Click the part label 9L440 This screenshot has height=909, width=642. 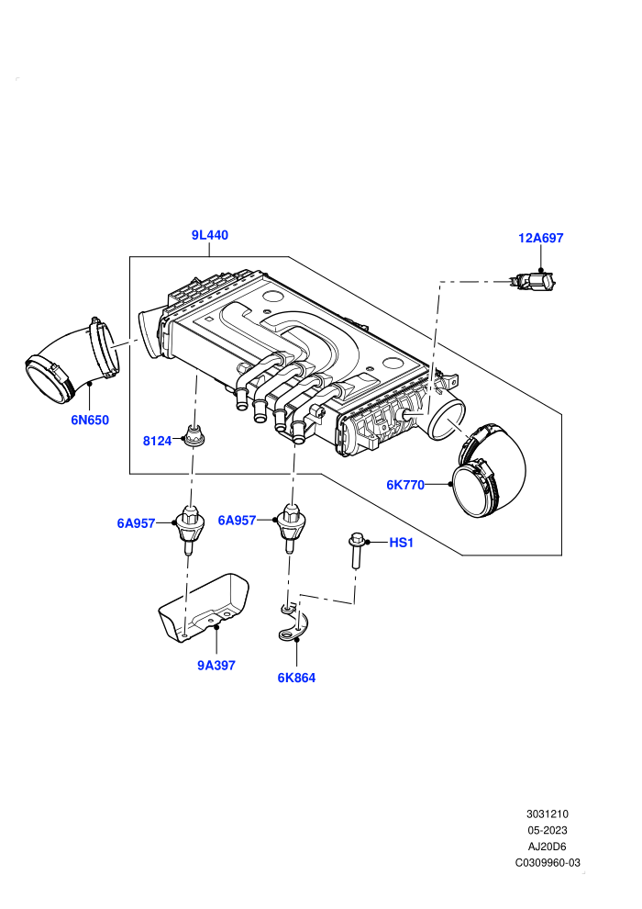coord(209,235)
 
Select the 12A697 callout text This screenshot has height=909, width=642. coord(541,238)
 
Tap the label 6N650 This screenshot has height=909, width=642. coord(90,420)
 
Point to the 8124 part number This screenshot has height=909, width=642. coord(157,441)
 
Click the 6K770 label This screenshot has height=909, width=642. coord(405,485)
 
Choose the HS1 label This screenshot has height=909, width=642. coord(401,543)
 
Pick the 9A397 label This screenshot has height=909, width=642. coord(216,666)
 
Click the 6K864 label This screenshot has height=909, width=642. coord(296,678)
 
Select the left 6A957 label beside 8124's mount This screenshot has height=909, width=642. coord(136,523)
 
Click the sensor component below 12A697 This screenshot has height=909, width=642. coord(533,282)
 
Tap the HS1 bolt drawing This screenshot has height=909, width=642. coord(356,551)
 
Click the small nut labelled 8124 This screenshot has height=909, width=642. coord(193,435)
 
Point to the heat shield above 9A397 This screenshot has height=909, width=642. coord(204,608)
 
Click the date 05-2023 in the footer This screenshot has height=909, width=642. coord(547,830)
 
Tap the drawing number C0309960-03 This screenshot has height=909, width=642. coord(548,862)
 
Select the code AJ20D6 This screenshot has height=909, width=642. coord(547,847)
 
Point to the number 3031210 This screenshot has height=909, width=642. coord(547,814)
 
